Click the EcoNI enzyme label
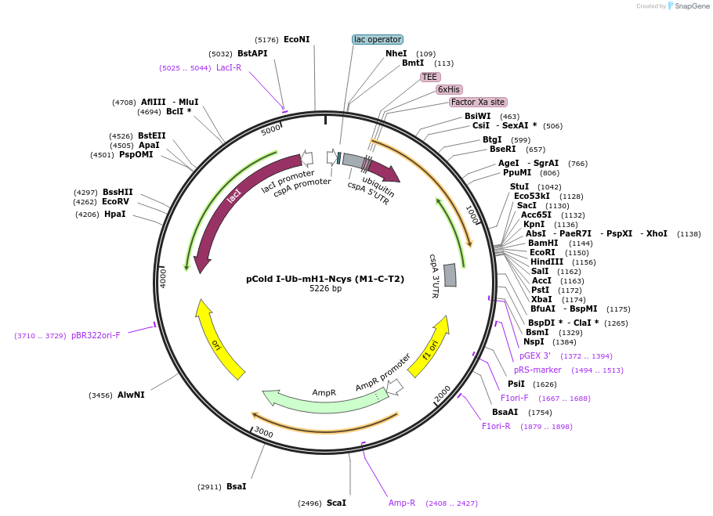(x=296, y=39)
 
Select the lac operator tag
(x=378, y=39)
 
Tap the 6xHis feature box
(x=449, y=89)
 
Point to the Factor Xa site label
(x=478, y=103)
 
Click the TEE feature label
(x=429, y=77)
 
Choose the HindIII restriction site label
(x=547, y=262)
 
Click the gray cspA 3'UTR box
(x=450, y=276)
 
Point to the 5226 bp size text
(x=325, y=288)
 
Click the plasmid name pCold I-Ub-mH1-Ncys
(x=325, y=279)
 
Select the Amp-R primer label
(x=401, y=503)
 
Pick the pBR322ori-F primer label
(x=96, y=336)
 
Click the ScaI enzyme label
(x=336, y=503)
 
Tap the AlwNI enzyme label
(x=131, y=395)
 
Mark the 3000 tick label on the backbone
(x=263, y=431)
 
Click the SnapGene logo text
(x=692, y=6)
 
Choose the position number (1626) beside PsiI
(x=545, y=384)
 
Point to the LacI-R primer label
(x=229, y=67)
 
